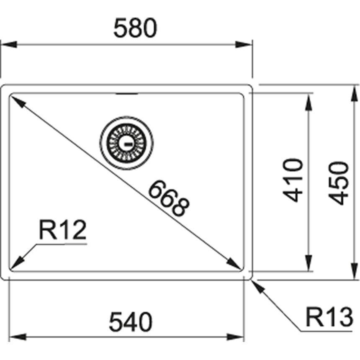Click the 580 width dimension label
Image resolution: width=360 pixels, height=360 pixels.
coord(136,28)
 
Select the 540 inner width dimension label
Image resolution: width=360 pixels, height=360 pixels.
coord(131,321)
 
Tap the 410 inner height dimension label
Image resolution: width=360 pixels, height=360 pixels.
coord(293,180)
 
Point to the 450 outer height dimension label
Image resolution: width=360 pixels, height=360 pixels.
coord(339,183)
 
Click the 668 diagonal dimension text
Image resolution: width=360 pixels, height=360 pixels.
coord(169,198)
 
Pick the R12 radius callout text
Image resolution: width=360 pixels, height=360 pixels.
coord(63,230)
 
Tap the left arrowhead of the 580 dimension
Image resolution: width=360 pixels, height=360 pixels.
coord(9,44)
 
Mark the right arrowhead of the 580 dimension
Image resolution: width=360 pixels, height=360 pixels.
coord(244,44)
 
